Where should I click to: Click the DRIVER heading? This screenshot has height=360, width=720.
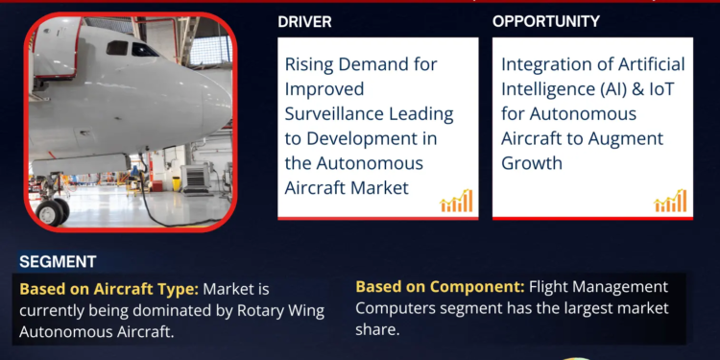click(x=304, y=21)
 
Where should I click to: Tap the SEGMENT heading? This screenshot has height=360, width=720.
click(x=58, y=261)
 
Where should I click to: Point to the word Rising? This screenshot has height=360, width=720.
click(x=309, y=64)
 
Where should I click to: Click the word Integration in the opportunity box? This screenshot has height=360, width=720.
click(x=543, y=64)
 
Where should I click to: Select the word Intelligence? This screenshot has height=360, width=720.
click(x=548, y=88)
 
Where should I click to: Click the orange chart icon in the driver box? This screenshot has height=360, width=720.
click(x=456, y=201)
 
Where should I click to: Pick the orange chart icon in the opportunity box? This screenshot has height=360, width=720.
click(x=670, y=201)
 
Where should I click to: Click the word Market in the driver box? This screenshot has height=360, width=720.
click(x=380, y=187)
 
